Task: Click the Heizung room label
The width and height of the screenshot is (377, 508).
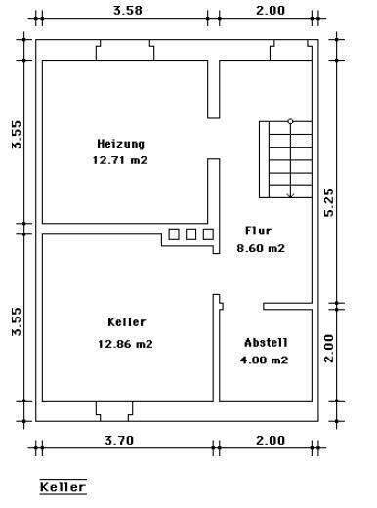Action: [x=122, y=143]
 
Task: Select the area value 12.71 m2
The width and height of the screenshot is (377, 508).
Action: [x=122, y=159]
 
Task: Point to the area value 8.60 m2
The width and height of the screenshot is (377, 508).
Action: [x=262, y=248]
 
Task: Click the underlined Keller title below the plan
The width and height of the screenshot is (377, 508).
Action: [x=63, y=486]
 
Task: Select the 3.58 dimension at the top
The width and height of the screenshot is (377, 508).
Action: [x=121, y=11]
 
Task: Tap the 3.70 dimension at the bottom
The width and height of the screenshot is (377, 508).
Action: [x=118, y=441]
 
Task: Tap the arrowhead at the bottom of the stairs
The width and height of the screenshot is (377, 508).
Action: [x=290, y=193]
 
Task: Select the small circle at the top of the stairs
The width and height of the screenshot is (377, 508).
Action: [x=290, y=121]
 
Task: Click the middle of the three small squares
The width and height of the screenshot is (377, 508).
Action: [x=190, y=233]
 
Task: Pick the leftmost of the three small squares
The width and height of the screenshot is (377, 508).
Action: [x=174, y=233]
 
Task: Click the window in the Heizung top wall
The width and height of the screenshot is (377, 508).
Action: [x=123, y=50]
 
